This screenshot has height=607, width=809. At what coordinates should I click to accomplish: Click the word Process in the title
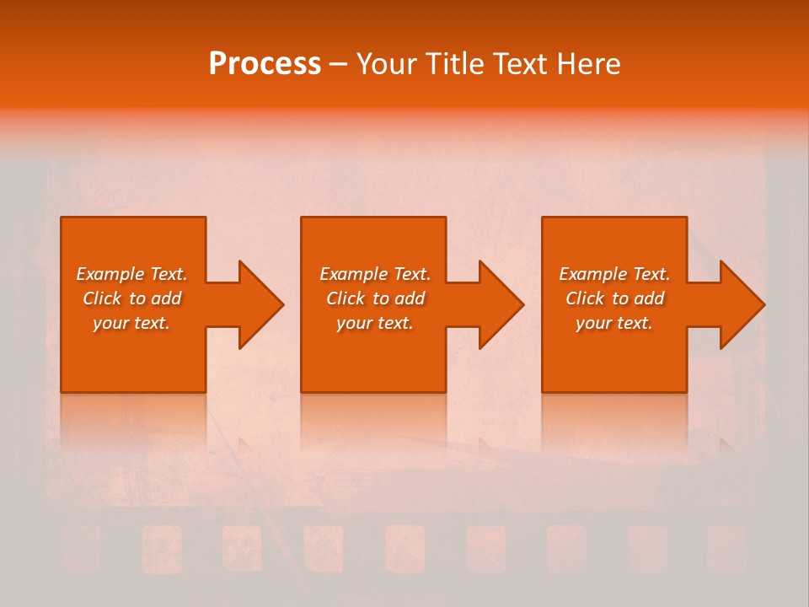pos(265,64)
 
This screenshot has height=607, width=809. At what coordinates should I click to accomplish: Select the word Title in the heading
pos(459,64)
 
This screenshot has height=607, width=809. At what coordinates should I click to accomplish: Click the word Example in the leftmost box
pos(110,274)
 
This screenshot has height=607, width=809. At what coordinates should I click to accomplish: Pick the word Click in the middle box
pos(346,298)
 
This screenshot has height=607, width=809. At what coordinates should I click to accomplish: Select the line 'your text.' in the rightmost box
pos(614,323)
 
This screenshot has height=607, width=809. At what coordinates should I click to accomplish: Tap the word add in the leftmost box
pos(166,298)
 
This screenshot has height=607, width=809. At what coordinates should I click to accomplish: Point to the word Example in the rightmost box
pos(593,274)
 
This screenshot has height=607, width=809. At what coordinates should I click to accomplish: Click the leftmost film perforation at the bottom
pos(80,549)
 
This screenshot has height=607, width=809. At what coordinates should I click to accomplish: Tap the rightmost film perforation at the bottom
pos(727,549)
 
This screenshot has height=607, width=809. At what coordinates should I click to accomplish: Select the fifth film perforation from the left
pos(405,549)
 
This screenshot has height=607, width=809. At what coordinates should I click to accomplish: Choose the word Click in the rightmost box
pos(585,298)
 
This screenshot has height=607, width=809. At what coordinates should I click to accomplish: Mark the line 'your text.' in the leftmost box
pos(131,323)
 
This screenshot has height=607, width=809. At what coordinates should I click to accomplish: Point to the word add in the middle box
pos(410,298)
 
